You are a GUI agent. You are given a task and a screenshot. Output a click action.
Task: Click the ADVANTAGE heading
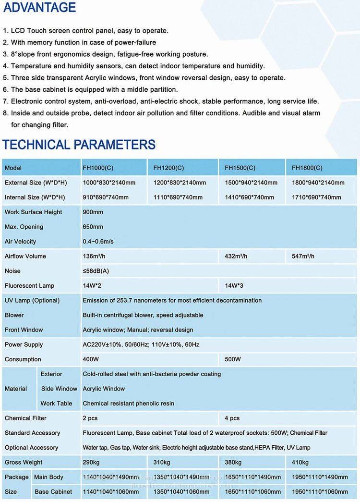pos(40,8)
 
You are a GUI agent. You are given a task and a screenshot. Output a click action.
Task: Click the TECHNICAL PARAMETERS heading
pos(79,145)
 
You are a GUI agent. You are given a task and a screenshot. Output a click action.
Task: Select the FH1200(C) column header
pos(168,168)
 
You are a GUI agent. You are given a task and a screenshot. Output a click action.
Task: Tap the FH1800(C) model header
pos(307,168)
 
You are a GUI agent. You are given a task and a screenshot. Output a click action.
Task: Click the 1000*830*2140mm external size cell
pos(109,183)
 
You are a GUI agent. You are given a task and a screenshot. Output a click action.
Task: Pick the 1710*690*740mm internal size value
pos(316,197)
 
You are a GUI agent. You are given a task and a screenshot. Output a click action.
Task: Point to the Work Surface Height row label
pos(33,212)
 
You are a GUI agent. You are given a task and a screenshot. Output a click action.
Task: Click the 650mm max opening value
pos(93,227)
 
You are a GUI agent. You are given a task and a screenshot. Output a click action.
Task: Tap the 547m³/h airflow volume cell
pos(303,257)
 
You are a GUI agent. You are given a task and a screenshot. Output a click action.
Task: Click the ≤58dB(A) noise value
pos(96,271)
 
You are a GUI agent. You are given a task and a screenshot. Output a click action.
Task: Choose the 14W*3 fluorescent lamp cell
pos(234,286)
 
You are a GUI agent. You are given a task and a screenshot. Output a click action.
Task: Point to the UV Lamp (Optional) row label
pos(32,301)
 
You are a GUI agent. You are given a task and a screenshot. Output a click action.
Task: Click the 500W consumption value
pos(233,359)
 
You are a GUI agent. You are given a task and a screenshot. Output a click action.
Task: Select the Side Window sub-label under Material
pos(59,389)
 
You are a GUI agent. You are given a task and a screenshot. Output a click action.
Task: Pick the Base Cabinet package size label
pos(53,492)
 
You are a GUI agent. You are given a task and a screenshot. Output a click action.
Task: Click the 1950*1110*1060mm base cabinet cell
pos(320,492)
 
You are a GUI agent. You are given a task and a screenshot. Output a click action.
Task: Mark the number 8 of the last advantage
pos(5,113)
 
